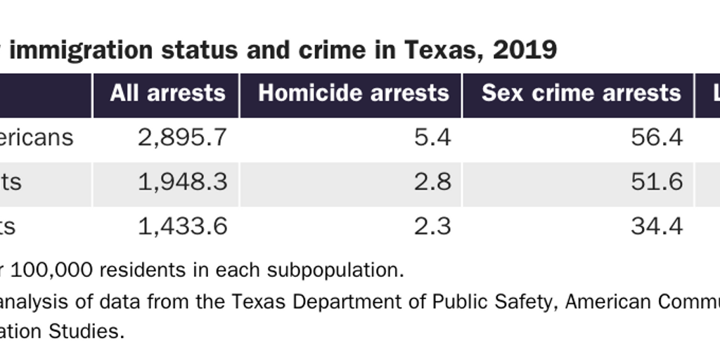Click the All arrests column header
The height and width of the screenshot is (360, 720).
167,94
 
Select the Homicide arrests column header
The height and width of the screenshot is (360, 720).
353,94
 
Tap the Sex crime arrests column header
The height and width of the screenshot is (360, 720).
581,94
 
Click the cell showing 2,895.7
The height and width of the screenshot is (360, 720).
183,138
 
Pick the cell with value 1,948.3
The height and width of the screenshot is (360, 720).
183,182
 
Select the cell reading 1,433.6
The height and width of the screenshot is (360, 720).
183,226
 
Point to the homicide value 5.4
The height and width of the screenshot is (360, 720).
432,138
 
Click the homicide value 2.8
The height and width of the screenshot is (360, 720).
432,182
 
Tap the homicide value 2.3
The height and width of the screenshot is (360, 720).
432,226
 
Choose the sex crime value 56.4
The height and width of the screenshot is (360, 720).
657,138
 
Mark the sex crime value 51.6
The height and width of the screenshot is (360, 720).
657,182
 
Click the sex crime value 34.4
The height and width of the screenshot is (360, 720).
657,226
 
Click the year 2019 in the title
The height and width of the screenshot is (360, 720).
525,51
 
